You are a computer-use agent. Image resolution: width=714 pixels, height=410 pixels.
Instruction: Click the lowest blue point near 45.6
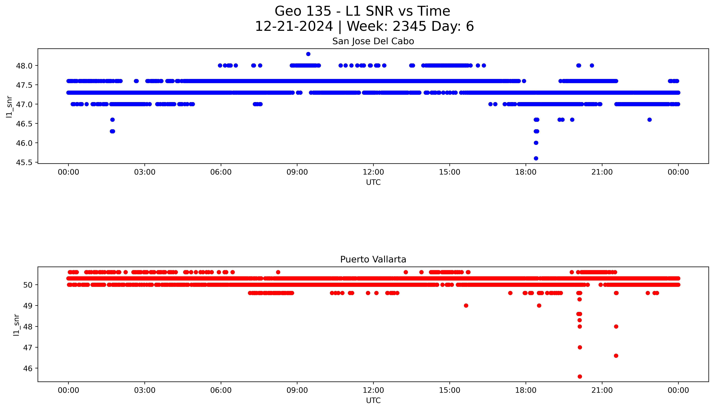tap(536, 158)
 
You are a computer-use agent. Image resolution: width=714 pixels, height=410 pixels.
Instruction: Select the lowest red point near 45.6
tap(580, 376)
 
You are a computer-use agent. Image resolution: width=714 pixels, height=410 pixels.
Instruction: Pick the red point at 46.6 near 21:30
tap(616, 356)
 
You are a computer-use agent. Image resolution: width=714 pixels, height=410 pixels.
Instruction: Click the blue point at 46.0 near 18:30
tap(536, 143)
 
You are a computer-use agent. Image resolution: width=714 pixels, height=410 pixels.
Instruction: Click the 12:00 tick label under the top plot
tap(373, 172)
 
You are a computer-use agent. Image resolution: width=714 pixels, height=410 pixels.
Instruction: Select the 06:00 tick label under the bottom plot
tap(221, 390)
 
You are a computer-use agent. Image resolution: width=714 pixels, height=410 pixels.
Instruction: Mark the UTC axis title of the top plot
tap(373, 182)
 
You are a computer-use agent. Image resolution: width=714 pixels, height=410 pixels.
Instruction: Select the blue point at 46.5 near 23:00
tap(649, 120)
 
